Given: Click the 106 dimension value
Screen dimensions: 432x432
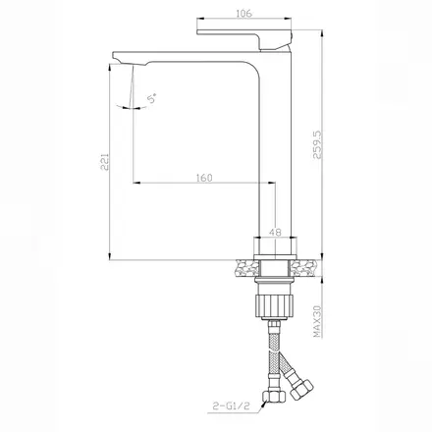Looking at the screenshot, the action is [x=243, y=14].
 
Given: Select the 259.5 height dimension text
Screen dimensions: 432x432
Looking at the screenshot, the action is [x=317, y=145].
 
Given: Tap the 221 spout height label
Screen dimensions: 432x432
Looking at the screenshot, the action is [x=104, y=161].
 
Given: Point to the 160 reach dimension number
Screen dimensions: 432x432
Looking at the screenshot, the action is [x=204, y=178].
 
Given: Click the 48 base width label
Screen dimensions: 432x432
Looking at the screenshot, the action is [x=275, y=232].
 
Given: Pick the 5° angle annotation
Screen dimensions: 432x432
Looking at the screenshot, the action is [x=152, y=98].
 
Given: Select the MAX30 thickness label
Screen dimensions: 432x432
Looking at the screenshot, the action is [x=317, y=321].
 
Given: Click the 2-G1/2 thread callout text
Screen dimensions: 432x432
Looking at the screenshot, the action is [x=231, y=405].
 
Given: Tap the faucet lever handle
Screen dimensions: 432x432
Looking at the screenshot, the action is [x=244, y=39].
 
